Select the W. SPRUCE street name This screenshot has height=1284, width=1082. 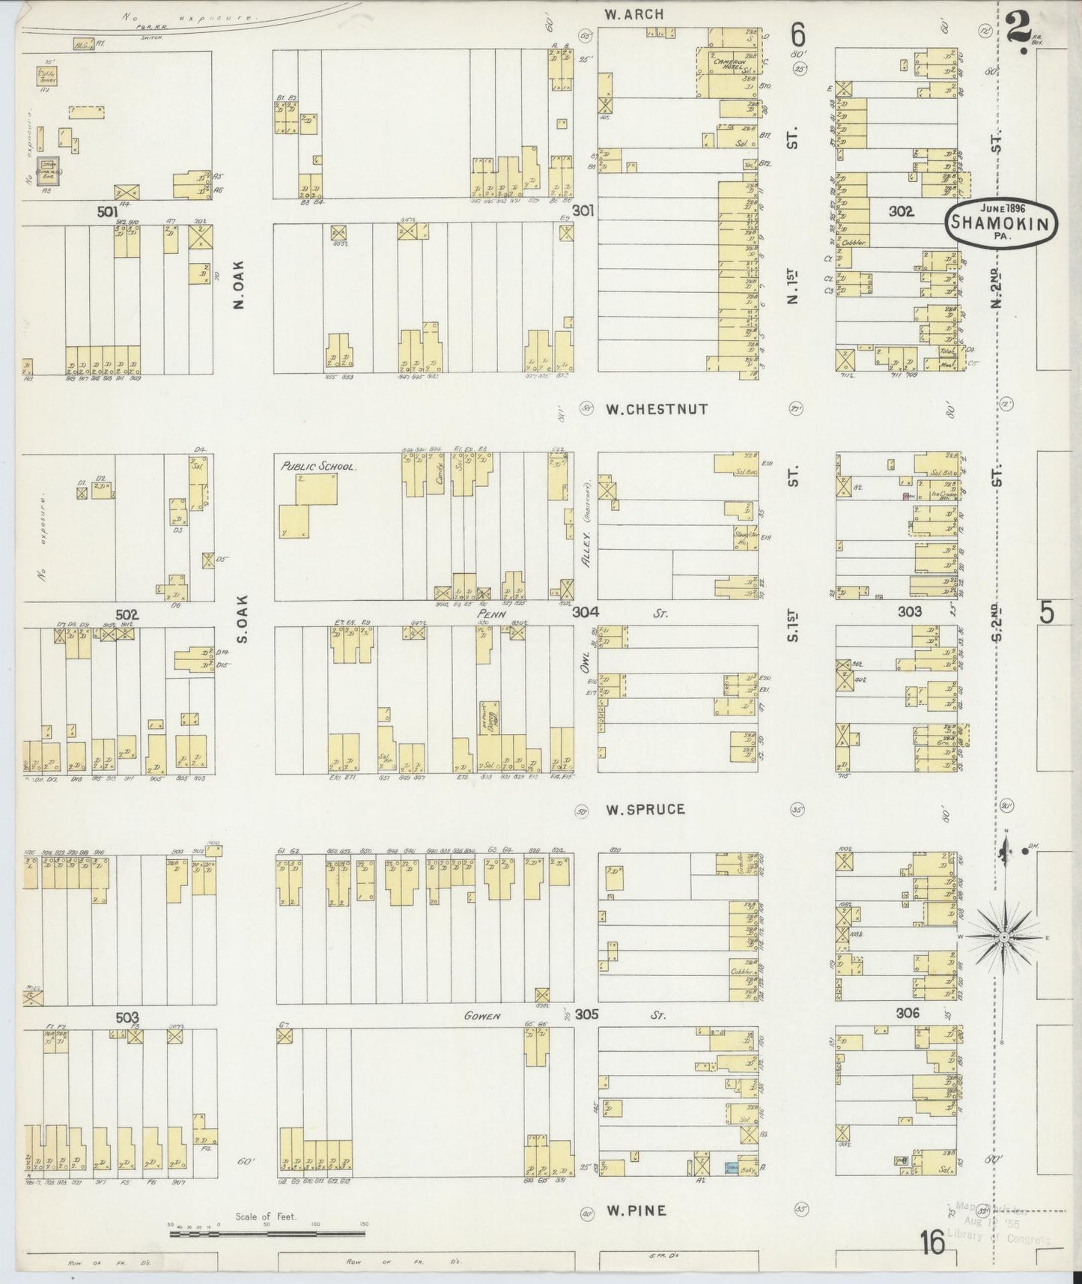[x=645, y=810]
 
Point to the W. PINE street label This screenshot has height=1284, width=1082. [x=635, y=1211]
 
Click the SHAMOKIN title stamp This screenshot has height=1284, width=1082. [x=1003, y=223]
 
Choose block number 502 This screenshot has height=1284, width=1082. [x=128, y=614]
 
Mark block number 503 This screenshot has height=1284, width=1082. [x=127, y=1017]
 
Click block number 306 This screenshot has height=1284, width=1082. [x=907, y=1013]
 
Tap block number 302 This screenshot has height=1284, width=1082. [x=901, y=212]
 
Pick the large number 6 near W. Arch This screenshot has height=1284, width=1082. [x=798, y=35]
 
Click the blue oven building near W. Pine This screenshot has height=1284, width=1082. [x=732, y=1188]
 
